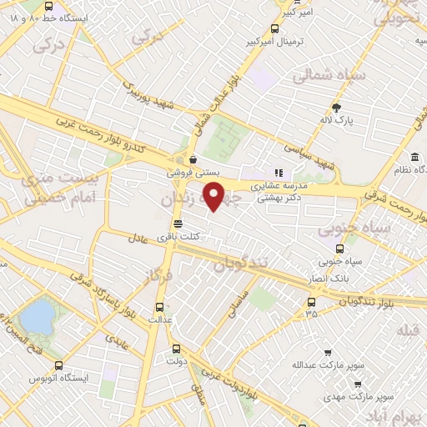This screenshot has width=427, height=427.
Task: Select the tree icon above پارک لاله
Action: point(336,107)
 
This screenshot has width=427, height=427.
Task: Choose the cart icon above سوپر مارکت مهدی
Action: point(358,384)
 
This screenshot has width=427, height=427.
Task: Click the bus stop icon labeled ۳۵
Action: point(311,301)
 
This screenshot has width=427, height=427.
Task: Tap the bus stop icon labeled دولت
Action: point(176,350)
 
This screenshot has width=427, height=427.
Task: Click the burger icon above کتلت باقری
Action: point(177,224)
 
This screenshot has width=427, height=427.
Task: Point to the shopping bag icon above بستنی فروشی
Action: point(193,159)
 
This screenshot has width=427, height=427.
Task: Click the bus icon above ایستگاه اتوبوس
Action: point(58,364)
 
